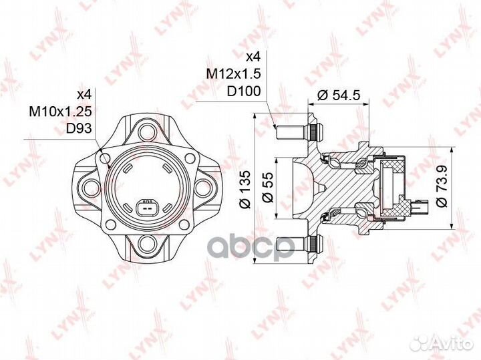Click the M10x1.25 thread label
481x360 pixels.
click(60, 112)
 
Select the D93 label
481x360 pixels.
click(79, 128)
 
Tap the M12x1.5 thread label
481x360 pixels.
click(234, 73)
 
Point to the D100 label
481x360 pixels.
click(244, 91)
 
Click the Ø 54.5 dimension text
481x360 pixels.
click(338, 96)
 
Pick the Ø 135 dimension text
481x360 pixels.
click(246, 190)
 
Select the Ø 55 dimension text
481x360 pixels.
click(268, 188)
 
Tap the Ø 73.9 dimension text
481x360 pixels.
click(442, 186)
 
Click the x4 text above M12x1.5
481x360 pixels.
click(253, 56)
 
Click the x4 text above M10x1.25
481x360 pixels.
click(84, 94)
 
